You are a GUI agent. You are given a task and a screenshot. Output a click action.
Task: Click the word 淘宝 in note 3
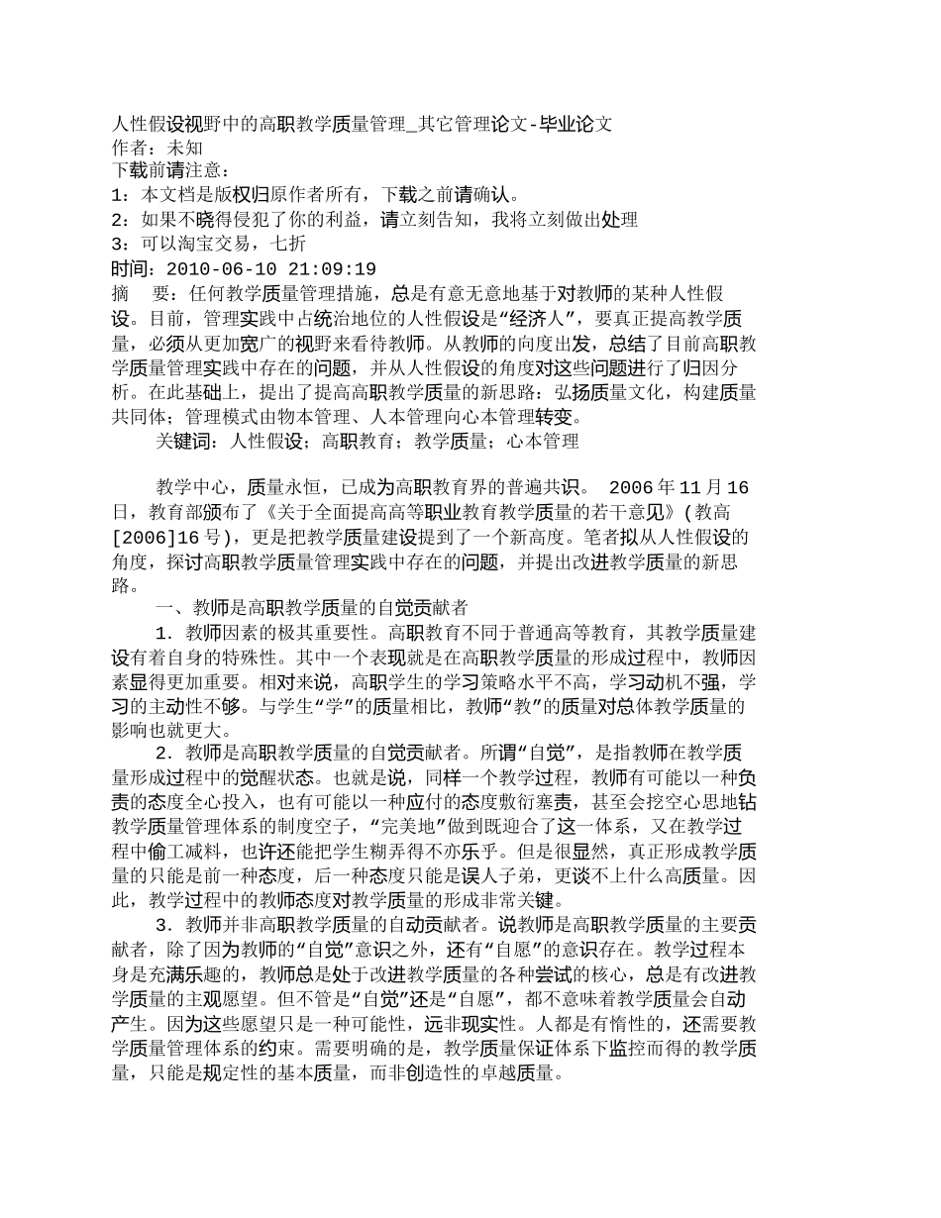pos(206,245)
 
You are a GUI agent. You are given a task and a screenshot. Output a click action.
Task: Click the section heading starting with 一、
pos(312,608)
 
